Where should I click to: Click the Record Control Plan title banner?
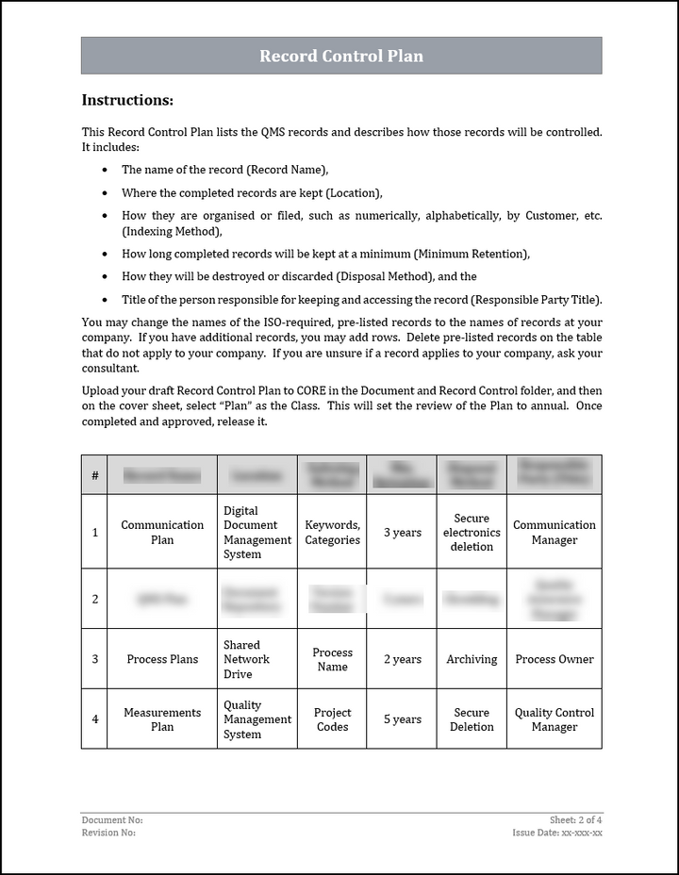coord(341,56)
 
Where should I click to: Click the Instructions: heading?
coord(127,100)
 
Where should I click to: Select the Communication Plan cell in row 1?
coord(162,533)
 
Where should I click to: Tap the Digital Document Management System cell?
coord(257,533)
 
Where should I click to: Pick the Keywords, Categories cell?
coord(332,533)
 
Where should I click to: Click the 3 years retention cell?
coord(403,533)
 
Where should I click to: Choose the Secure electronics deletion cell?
coord(472,533)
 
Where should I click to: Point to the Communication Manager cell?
coord(555,533)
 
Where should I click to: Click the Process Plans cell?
coord(162,659)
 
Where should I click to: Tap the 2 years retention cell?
coord(403,659)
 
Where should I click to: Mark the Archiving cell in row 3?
coord(472,659)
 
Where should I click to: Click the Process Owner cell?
coord(555,659)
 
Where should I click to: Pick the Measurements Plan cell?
coord(162,719)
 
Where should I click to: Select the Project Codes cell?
coord(332,719)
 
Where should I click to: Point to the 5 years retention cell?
coord(403,719)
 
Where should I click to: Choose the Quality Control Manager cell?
coord(555,719)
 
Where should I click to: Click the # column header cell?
coord(94,475)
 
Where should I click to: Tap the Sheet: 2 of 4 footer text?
coord(575,820)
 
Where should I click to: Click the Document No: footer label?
coord(112,820)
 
